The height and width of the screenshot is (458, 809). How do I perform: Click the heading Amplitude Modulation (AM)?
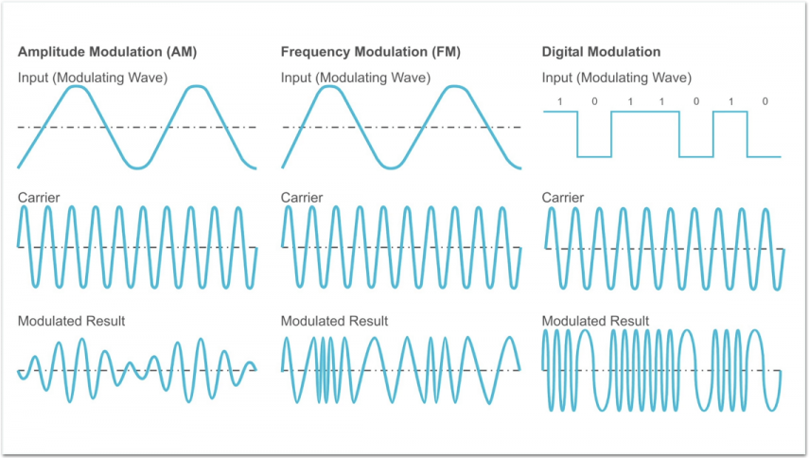click(x=107, y=52)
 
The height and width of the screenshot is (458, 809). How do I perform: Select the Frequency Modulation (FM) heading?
click(x=371, y=52)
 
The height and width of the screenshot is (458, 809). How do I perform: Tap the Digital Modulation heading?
click(x=601, y=52)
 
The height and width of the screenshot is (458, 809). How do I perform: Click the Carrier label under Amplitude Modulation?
click(x=39, y=198)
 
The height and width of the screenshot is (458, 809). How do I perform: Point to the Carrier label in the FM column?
click(x=302, y=198)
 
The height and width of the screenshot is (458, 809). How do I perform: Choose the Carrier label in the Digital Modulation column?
click(x=563, y=198)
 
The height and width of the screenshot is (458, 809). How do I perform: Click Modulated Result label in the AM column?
click(x=71, y=321)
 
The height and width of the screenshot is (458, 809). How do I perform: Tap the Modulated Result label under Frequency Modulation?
click(x=334, y=321)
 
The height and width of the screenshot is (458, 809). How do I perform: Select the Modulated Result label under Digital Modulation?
click(x=595, y=321)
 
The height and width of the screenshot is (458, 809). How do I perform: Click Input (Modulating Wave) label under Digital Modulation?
click(x=617, y=78)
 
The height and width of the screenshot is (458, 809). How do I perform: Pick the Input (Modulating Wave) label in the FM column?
click(x=356, y=78)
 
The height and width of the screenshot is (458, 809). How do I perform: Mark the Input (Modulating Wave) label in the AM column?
click(x=93, y=78)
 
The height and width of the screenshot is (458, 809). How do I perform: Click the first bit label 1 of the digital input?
click(x=560, y=101)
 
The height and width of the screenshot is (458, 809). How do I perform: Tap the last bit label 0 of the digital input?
click(x=765, y=101)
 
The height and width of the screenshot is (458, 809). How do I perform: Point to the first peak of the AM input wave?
click(x=77, y=86)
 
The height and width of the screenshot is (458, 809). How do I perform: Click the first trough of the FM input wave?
click(x=391, y=167)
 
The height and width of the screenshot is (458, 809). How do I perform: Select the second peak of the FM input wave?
click(x=454, y=87)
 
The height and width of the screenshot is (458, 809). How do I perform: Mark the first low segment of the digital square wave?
click(x=594, y=156)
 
